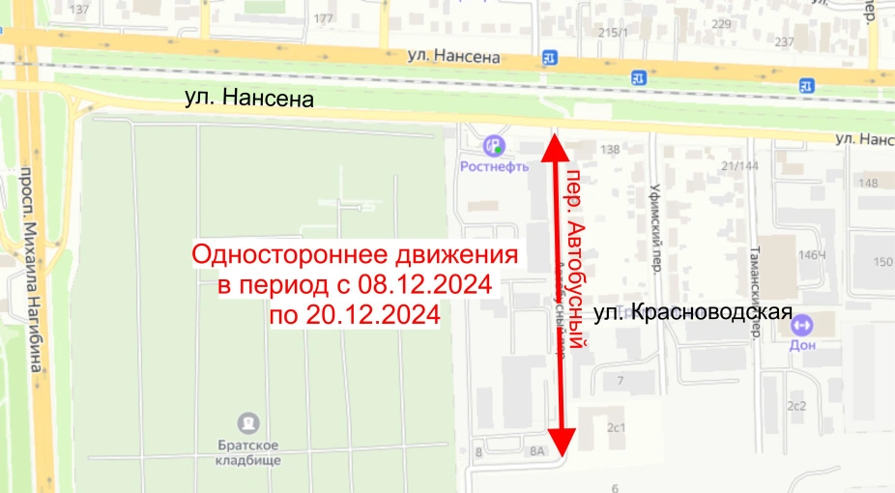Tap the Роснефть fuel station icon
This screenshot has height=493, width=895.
[495, 146]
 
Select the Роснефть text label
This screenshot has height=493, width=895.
[494, 165]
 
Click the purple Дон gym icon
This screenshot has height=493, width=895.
[801, 325]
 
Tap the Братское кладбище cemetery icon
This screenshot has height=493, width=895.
[249, 423]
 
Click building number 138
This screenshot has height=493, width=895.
[610, 150]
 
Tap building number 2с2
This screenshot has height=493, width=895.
[796, 406]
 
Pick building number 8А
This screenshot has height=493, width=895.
[537, 450]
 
